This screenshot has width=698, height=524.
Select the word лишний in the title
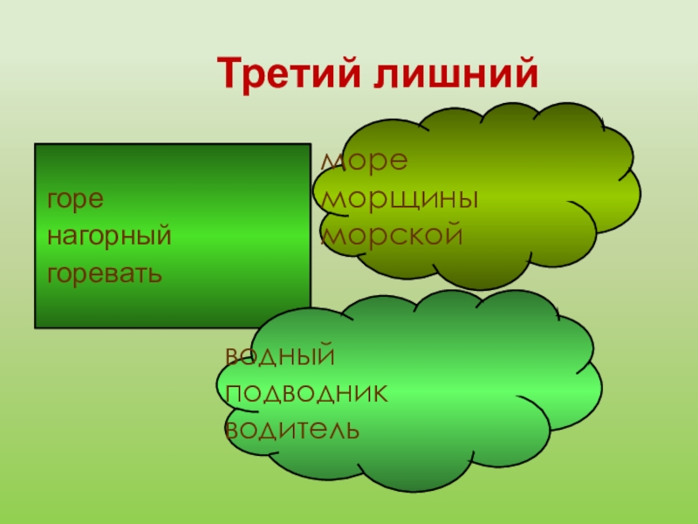coord(455,73)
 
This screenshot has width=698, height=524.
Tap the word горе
coord(76,199)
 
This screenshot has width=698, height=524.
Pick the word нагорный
coord(109,237)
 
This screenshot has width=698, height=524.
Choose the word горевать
coord(104,274)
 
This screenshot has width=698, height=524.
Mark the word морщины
coord(400,199)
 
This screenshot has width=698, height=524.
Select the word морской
coord(389,234)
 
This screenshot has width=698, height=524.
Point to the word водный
coord(280,356)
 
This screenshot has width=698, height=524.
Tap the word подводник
coord(306,393)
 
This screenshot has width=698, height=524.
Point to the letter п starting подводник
coord(235,394)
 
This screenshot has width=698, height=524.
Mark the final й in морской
coord(450,233)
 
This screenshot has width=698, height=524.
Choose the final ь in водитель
coord(349,430)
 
